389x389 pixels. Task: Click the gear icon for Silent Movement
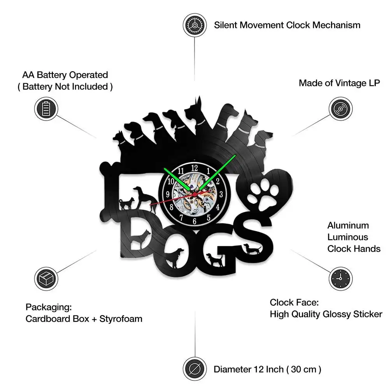pos(194,25)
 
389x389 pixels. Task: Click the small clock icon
pos(341,277)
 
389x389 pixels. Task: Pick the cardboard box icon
pos(46,277)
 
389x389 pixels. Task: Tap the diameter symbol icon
pos(194,368)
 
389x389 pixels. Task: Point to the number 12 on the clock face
pos(194,168)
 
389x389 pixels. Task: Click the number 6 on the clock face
pos(194,221)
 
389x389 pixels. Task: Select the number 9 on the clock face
pos(168,194)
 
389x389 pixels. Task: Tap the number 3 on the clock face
pos(221,194)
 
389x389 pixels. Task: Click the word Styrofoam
pos(121,319)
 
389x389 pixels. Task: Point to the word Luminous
pos(348,237)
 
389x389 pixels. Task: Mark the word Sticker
pos(367,314)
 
